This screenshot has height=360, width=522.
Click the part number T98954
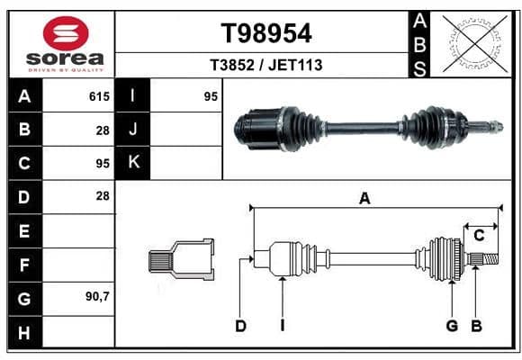click(266, 33)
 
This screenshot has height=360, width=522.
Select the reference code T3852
click(232, 65)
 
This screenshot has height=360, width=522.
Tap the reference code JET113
click(295, 65)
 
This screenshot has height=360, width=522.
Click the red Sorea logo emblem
click(66, 33)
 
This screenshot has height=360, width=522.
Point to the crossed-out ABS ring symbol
click(475, 43)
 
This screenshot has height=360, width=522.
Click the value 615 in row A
click(99, 96)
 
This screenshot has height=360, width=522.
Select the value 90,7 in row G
click(97, 296)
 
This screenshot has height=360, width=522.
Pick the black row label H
click(24, 332)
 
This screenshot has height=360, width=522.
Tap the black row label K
click(133, 162)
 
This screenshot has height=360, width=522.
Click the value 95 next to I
click(211, 96)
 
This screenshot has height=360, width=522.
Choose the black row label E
click(24, 230)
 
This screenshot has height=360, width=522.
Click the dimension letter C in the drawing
click(479, 236)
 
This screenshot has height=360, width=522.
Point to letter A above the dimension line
click(364, 199)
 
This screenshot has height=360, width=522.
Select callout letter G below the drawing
click(452, 326)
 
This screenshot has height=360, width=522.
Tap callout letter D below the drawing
click(240, 326)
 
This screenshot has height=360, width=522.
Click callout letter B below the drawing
click(477, 326)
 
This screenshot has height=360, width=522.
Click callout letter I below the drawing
click(283, 326)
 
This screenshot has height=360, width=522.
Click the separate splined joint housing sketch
click(182, 259)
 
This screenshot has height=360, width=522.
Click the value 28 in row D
click(103, 196)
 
